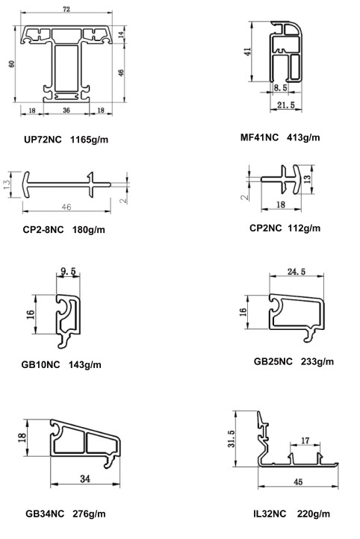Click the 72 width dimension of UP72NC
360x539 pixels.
point(66,9)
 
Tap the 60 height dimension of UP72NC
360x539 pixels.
point(12,63)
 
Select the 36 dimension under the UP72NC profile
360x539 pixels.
point(66,110)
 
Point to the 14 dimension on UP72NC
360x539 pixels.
point(121,35)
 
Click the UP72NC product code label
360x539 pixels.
point(43,140)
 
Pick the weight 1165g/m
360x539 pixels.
point(89,140)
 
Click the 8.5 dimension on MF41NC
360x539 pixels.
point(280,87)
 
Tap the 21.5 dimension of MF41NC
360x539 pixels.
point(286,105)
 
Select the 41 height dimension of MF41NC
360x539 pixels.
point(247,52)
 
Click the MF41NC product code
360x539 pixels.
point(259,137)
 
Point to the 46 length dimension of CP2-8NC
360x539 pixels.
point(66,207)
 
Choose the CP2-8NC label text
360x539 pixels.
point(43,230)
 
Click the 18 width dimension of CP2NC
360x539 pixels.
point(281,205)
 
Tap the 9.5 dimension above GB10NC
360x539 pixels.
point(68,271)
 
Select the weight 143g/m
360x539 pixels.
point(85,365)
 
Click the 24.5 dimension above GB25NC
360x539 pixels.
point(297,272)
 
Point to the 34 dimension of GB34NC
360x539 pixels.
point(85,479)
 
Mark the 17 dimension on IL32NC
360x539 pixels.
point(305,440)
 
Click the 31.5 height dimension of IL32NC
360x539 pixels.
point(231,439)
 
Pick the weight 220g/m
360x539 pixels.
point(313,514)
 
